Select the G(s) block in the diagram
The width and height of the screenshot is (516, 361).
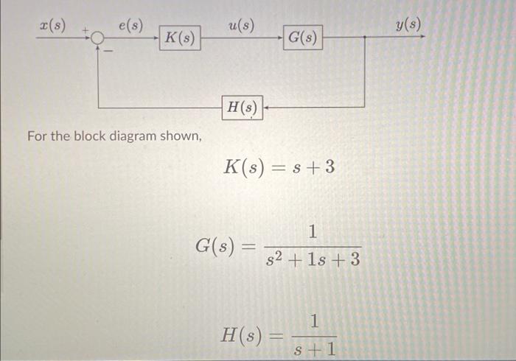point(302,38)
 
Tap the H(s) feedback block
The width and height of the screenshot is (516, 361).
point(242,108)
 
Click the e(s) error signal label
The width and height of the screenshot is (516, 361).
point(130,25)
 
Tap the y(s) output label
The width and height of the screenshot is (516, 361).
point(408,25)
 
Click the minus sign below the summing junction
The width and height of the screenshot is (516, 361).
point(108,52)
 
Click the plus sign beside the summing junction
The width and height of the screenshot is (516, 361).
point(86,32)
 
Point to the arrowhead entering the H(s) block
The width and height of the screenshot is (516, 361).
point(266,108)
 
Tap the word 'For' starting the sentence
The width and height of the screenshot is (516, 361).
point(36,136)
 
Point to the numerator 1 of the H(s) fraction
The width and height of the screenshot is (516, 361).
point(315,322)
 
